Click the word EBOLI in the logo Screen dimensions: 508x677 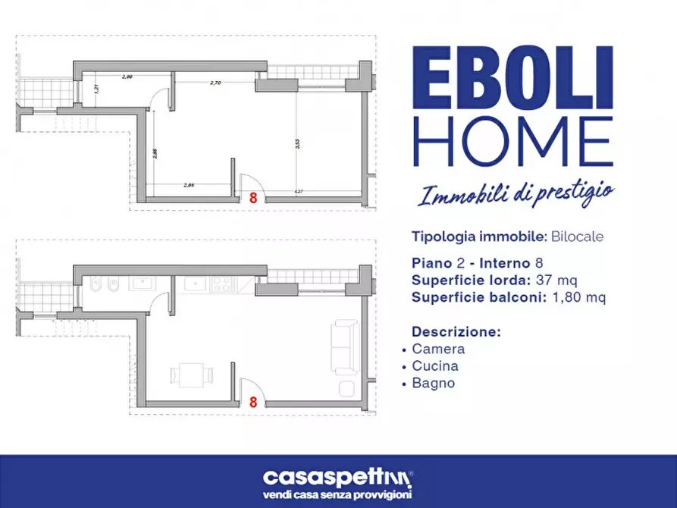512,79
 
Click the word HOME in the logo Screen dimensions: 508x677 512,142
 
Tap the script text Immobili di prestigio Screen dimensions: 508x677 516,193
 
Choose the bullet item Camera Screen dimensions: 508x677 438,350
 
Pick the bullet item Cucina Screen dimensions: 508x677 435,366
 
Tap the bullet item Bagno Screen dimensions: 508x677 434,383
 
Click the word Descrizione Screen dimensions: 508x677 456,332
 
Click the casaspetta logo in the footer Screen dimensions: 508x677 338,477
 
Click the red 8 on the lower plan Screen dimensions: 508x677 252,403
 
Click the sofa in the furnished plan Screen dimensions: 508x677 345,346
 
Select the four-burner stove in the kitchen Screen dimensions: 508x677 224,284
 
